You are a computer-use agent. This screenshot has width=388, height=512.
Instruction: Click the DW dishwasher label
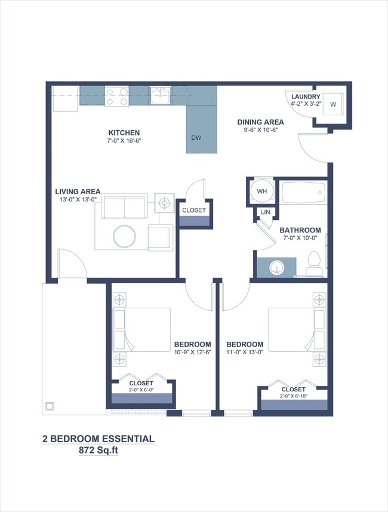(x=196, y=138)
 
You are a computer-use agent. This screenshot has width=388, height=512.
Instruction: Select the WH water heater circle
(x=261, y=192)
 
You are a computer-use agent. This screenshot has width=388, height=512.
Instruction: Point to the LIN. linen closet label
(x=266, y=212)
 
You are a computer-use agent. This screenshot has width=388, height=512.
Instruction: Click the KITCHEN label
(x=124, y=133)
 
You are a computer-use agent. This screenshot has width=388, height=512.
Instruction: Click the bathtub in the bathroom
(x=303, y=193)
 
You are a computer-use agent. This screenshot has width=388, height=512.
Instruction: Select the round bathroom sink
(x=276, y=266)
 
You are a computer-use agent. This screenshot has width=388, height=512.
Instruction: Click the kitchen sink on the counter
(x=160, y=96)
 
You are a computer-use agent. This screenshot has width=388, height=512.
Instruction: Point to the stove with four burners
(x=116, y=96)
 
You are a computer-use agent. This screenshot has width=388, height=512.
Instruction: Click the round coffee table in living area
(x=125, y=236)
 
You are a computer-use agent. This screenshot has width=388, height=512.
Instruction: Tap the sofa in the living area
(x=124, y=206)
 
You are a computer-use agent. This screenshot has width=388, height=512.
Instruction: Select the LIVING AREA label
(x=78, y=192)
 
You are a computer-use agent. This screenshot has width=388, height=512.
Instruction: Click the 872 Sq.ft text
(x=98, y=451)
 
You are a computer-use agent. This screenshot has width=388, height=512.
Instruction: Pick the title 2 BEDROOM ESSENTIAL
(x=98, y=439)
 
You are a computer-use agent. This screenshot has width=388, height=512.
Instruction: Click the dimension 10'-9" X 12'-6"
(x=192, y=352)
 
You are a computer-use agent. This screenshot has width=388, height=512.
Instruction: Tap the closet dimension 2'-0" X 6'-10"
(x=293, y=396)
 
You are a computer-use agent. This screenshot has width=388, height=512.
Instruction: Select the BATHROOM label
(x=300, y=230)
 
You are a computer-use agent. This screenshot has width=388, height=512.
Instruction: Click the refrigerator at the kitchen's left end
(x=65, y=99)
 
